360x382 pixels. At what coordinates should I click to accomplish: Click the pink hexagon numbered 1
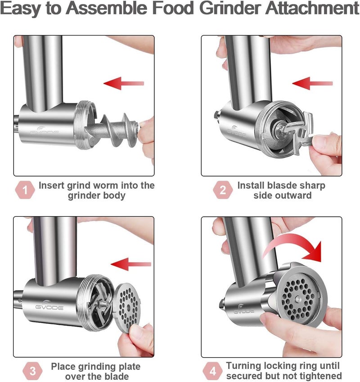pyautogui.click(x=26, y=191)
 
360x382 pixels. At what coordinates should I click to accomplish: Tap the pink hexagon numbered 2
pyautogui.click(x=223, y=191)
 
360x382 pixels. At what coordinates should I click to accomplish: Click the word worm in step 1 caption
pyautogui.click(x=116, y=185)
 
